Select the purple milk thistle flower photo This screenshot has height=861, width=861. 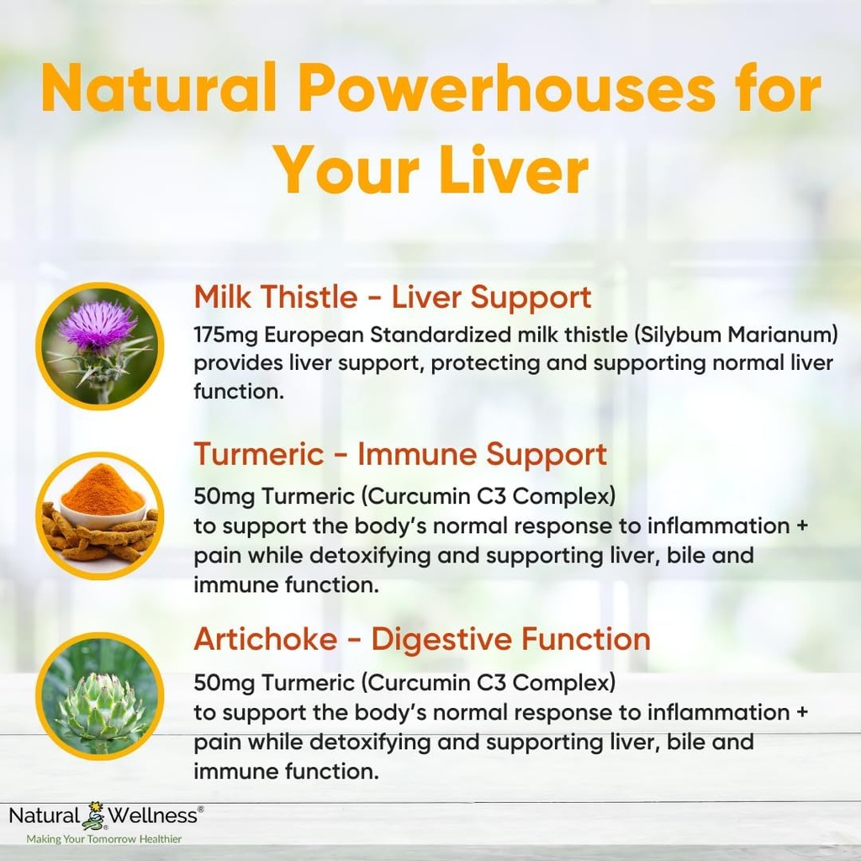99,346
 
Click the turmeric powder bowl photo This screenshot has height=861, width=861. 99,515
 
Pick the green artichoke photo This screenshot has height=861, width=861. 99,695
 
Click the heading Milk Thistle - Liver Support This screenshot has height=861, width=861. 393,297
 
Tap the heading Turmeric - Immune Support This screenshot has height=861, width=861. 400,454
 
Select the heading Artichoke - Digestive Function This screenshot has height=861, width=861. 422,639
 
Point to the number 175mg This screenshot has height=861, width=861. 225,335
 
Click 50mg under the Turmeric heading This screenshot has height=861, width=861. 224,496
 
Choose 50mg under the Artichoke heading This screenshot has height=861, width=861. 224,681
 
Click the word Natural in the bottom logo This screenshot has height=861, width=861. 45,815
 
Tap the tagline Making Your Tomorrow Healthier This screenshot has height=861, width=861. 104,838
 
